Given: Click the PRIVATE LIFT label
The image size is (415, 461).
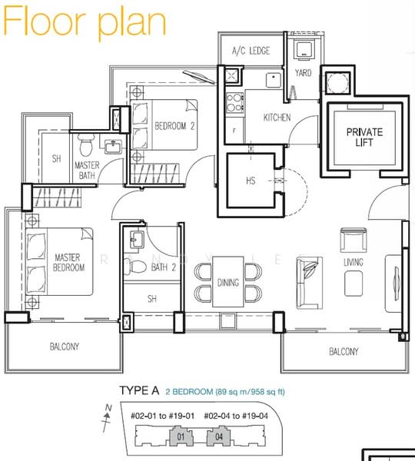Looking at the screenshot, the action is pyautogui.click(x=364, y=138).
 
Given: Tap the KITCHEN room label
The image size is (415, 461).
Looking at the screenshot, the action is pyautogui.click(x=277, y=118).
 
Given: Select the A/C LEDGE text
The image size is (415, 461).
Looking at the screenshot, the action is pyautogui.click(x=251, y=51).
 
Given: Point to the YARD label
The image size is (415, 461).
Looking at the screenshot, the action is pyautogui.click(x=303, y=73).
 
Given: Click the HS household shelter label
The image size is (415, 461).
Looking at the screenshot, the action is pyautogui.click(x=251, y=181).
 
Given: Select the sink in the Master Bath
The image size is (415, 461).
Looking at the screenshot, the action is pyautogui.click(x=113, y=147).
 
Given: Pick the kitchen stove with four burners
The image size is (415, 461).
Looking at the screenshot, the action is pyautogui.click(x=234, y=103).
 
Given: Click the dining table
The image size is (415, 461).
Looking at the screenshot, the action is pyautogui.click(x=228, y=282).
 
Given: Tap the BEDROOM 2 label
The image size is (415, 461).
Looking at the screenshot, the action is pyautogui.click(x=174, y=127).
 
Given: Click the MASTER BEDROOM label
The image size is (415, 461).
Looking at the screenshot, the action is pyautogui.click(x=69, y=263).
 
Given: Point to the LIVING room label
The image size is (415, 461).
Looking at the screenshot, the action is pyautogui.click(x=354, y=262).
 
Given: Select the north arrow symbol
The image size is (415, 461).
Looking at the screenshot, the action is pyautogui.click(x=107, y=418).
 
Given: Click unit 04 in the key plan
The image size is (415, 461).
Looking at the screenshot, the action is pyautogui.click(x=219, y=436).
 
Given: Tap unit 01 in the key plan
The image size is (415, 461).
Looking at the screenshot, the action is pyautogui.click(x=181, y=436).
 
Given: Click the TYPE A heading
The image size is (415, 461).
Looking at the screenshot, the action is pyautogui.click(x=139, y=391).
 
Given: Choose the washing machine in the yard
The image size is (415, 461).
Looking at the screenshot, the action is pyautogui.click(x=304, y=50).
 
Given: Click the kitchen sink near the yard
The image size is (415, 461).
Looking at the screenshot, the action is pyautogui.click(x=274, y=80).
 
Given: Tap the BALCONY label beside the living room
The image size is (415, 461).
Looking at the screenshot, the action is pyautogui.click(x=344, y=351).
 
